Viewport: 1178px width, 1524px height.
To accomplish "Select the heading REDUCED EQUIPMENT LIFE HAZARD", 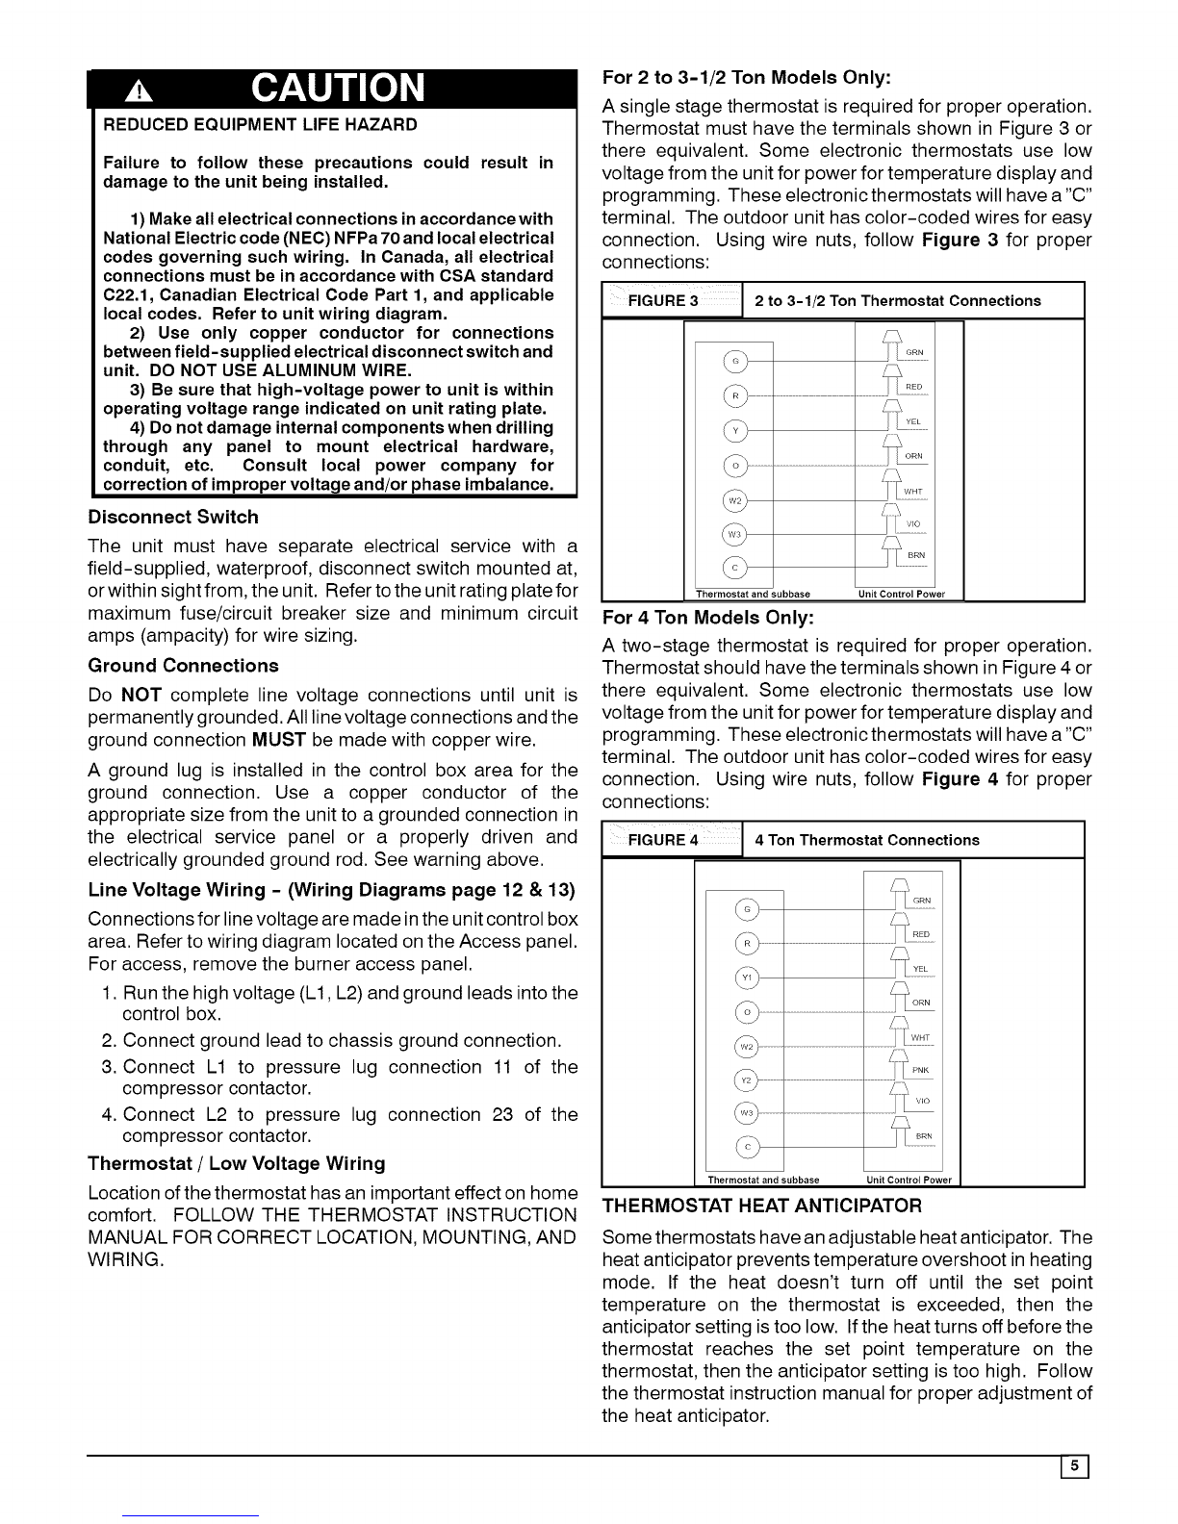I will click(x=260, y=125).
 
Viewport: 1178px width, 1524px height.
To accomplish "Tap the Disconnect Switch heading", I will click(x=173, y=518).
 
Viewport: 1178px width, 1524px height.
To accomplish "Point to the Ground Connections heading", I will click(x=183, y=666).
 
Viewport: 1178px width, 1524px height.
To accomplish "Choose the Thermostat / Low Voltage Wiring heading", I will click(x=237, y=1163).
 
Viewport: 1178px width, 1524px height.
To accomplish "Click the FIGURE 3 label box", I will click(x=663, y=301).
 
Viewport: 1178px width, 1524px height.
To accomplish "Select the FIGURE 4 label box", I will click(x=663, y=840).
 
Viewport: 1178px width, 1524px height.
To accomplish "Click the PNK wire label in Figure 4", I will click(x=920, y=1070).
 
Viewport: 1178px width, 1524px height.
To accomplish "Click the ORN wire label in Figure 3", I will click(x=913, y=456).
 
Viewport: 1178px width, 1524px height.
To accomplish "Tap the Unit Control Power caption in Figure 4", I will click(x=909, y=1180).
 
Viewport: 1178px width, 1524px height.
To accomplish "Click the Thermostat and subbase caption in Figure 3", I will click(x=753, y=594).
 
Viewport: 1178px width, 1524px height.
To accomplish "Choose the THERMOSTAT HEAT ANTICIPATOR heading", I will click(x=761, y=1206).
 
